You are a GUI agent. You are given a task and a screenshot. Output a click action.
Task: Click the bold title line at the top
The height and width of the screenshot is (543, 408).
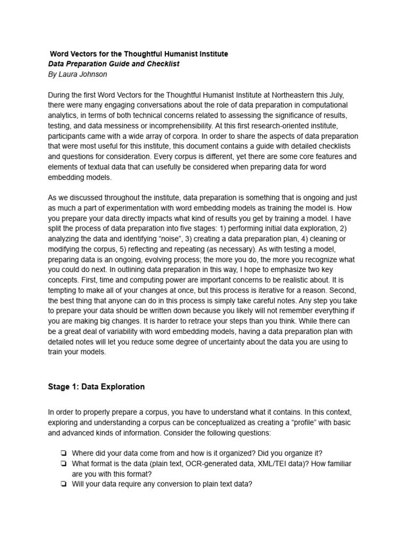(x=139, y=54)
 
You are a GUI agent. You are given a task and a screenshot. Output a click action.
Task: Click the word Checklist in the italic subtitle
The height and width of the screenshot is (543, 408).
(x=161, y=64)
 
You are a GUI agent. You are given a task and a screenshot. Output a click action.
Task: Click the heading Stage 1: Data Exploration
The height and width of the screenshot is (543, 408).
(x=96, y=387)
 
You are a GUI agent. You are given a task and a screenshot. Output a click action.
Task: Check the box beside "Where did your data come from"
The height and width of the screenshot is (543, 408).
(x=63, y=452)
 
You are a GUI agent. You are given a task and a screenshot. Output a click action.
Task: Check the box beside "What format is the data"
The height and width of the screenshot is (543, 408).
(x=63, y=463)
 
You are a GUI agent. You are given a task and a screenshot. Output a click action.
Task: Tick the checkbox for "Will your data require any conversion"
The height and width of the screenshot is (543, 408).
(x=63, y=484)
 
